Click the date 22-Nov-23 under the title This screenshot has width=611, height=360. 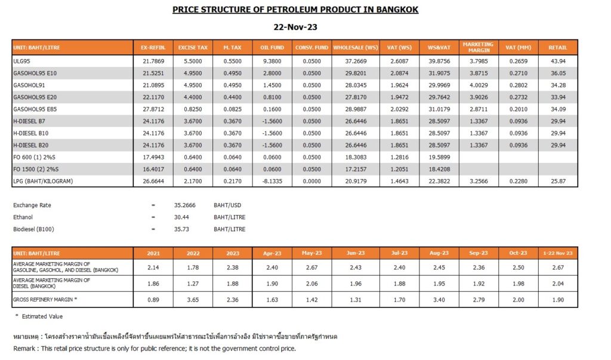coord(295,27)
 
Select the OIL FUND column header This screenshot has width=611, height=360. coord(272,47)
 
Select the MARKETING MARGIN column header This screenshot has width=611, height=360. coord(478,47)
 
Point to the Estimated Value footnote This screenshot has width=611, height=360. coord(41,316)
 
